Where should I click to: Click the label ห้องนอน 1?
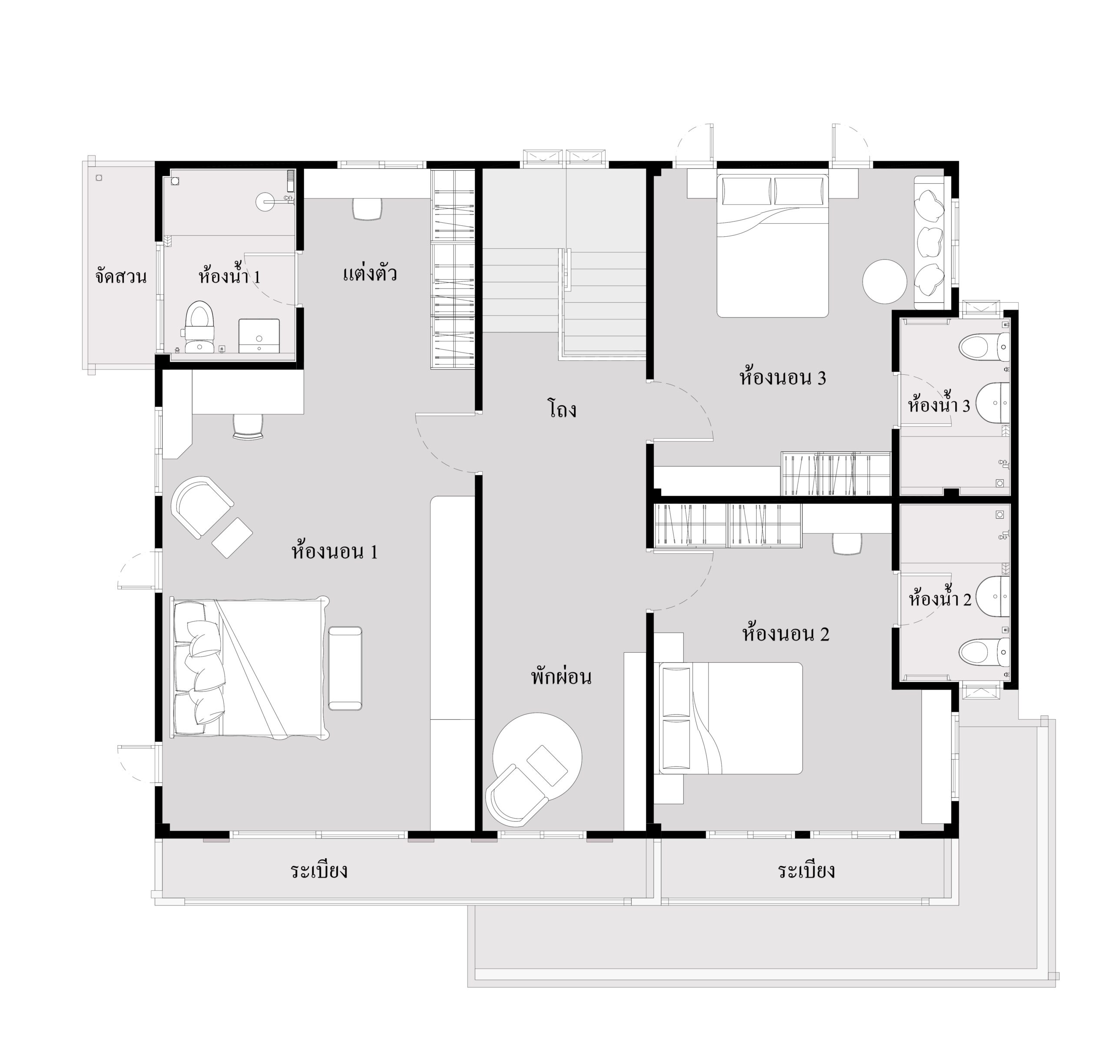pyautogui.click(x=334, y=551)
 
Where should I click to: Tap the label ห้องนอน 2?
pyautogui.click(x=785, y=633)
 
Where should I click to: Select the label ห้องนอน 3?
pyautogui.click(x=782, y=377)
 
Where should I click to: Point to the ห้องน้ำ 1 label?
pyautogui.click(x=229, y=276)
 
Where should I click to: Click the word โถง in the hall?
pyautogui.click(x=562, y=409)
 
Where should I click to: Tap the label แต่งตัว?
pyautogui.click(x=370, y=274)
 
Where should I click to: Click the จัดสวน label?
pyautogui.click(x=121, y=277)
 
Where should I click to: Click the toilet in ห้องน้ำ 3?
pyautogui.click(x=984, y=347)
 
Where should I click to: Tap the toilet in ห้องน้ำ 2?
pyautogui.click(x=984, y=653)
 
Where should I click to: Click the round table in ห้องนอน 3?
pyautogui.click(x=884, y=281)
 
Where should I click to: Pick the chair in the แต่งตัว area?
pyautogui.click(x=367, y=208)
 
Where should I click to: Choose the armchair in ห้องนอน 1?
pyautogui.click(x=202, y=507)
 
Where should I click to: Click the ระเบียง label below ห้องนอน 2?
pyautogui.click(x=806, y=871)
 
